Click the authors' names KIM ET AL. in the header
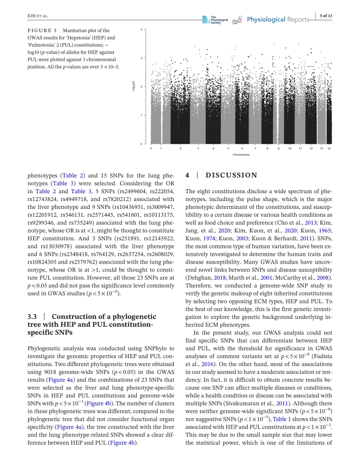click(35, 17)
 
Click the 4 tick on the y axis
click(140, 30)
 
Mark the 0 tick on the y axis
click(140, 144)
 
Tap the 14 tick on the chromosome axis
click(329, 149)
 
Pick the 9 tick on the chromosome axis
click(279, 149)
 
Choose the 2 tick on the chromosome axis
click(180, 149)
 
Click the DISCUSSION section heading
click(231, 175)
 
